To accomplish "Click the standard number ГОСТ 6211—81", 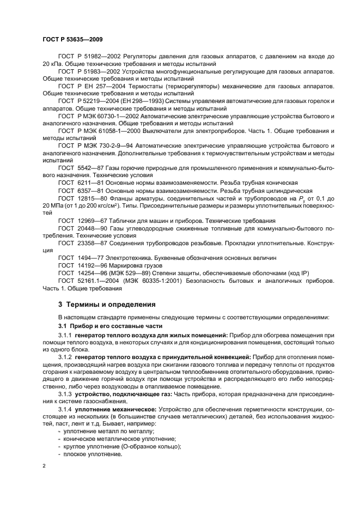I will pos(82,183).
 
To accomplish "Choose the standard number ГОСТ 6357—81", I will pos(82,191).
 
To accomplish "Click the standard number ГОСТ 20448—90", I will pos(83,228).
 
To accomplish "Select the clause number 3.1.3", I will pos(67,393).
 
